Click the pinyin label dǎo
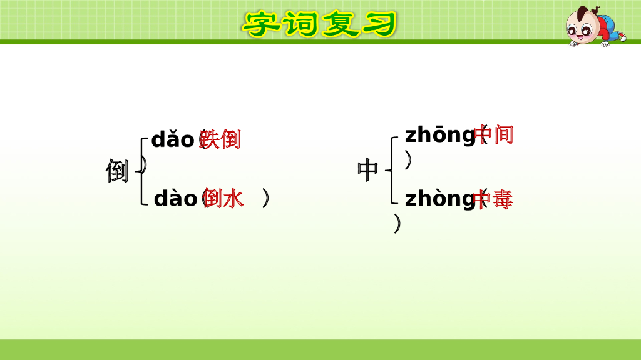[x=173, y=139]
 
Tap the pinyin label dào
[x=175, y=199]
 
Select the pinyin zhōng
[x=440, y=134]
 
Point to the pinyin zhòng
[x=440, y=199]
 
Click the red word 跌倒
[x=220, y=139]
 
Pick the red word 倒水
[x=224, y=199]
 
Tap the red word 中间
[x=495, y=134]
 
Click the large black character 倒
[x=117, y=170]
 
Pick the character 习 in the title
[x=378, y=24]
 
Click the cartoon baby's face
[x=580, y=26]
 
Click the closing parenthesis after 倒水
[x=267, y=199]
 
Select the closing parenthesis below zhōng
[x=408, y=161]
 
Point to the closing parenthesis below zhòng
[x=397, y=223]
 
